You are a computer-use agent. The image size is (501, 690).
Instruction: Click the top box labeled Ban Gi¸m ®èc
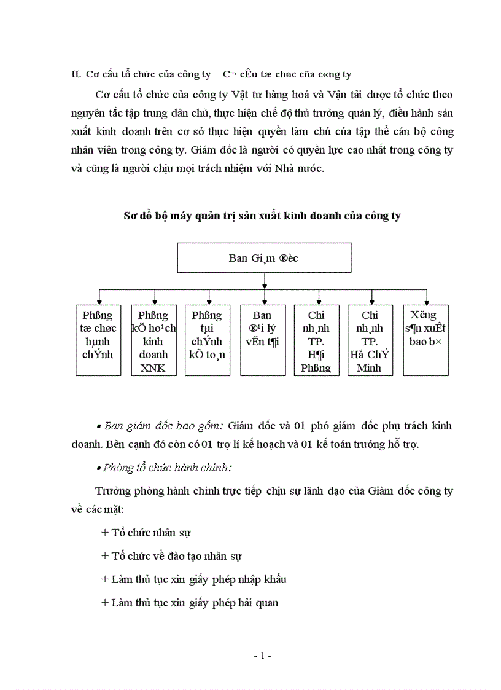(264, 258)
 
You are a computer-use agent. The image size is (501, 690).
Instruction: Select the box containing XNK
(153, 340)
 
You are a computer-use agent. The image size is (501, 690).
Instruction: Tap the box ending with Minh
(370, 340)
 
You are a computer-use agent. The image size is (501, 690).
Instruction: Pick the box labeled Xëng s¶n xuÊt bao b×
(425, 340)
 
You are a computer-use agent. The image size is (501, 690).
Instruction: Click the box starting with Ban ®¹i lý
(262, 340)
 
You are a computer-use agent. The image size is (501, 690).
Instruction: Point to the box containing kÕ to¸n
(208, 340)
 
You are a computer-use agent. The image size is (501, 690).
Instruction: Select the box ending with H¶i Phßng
(316, 340)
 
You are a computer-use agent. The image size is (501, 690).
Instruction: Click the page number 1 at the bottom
(262, 656)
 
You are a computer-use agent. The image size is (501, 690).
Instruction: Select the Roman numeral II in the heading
(76, 75)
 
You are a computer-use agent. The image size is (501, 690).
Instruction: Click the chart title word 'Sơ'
(130, 216)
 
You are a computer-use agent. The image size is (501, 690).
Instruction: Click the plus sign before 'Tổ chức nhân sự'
(104, 533)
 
